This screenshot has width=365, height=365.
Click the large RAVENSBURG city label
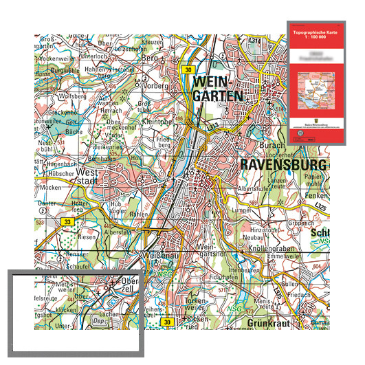(282, 165)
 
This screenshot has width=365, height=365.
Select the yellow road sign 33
(67, 222)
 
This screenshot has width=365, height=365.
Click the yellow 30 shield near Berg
(188, 69)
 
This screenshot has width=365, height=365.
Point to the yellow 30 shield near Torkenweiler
(166, 322)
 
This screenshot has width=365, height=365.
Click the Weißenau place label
(159, 255)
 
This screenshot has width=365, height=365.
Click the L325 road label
(316, 206)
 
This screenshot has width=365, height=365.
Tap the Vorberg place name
(155, 87)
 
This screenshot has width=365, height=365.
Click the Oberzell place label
(128, 284)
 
